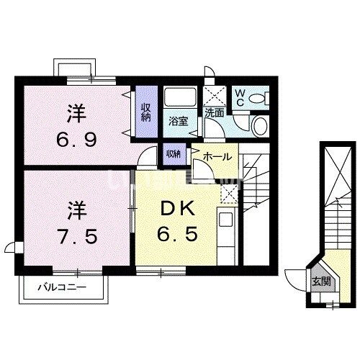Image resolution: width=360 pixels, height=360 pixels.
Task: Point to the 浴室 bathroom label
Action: [178, 121]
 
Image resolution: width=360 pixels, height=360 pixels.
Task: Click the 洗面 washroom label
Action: [213, 113]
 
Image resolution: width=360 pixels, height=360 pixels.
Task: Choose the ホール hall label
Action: [217, 156]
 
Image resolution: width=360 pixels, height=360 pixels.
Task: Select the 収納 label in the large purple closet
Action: [146, 112]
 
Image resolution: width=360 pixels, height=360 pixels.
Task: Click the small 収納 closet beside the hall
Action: [173, 153]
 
